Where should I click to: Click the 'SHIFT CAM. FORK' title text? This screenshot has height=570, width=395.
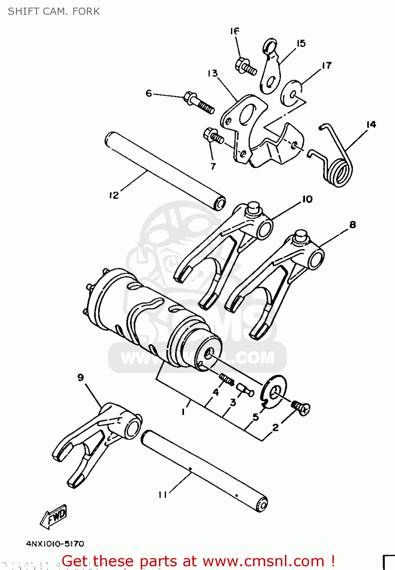tap(54, 11)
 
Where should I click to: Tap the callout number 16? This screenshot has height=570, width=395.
tap(234, 31)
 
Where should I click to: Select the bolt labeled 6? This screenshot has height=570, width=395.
tap(199, 103)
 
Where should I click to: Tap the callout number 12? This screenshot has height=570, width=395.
tap(114, 195)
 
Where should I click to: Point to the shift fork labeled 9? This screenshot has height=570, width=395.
tap(95, 441)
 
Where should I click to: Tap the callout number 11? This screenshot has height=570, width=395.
tap(163, 494)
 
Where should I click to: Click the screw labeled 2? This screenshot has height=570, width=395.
tap(301, 408)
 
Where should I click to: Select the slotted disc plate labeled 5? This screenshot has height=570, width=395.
tap(274, 391)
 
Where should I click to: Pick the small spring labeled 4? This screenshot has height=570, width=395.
tap(227, 379)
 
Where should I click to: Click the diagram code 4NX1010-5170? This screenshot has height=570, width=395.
tap(55, 544)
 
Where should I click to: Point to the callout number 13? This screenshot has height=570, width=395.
tap(212, 73)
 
